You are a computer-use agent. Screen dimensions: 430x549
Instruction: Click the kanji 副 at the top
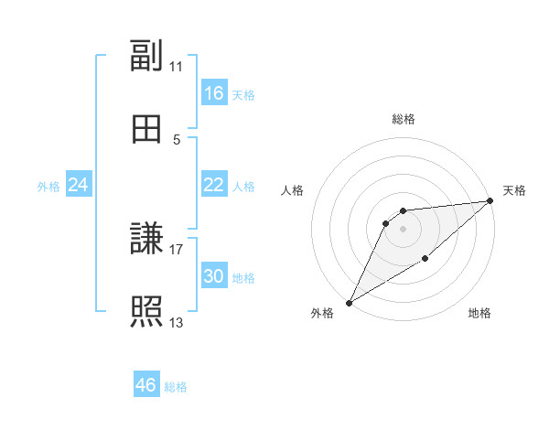(146, 57)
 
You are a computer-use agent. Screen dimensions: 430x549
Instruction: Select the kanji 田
(146, 129)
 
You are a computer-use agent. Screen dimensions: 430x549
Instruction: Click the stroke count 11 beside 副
(176, 66)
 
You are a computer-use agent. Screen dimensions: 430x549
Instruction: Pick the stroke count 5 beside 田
(176, 139)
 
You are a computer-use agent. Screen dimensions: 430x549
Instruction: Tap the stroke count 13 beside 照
(176, 321)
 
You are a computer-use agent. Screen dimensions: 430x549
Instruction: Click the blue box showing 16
(213, 93)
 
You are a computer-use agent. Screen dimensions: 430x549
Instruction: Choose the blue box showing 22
(213, 185)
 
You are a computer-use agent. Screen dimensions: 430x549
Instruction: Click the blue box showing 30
(213, 276)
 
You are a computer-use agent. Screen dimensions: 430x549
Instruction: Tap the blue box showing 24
(79, 185)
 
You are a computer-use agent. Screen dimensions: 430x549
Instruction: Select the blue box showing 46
(146, 385)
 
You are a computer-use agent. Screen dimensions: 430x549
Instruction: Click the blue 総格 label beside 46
(176, 387)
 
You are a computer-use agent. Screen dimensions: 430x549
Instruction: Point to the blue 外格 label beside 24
(48, 187)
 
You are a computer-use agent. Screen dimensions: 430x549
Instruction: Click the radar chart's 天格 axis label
(514, 190)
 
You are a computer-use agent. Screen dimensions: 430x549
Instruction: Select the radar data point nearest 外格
(349, 302)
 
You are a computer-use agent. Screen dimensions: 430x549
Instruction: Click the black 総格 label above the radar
(403, 119)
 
